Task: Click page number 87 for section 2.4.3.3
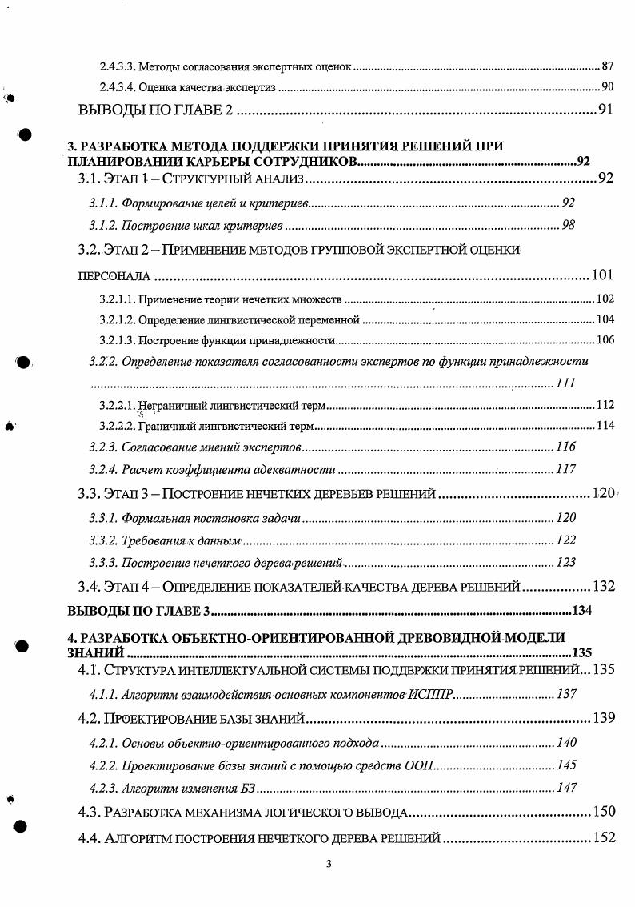click(x=607, y=65)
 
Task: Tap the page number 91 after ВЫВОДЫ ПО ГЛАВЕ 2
click(x=606, y=110)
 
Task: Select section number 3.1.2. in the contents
click(x=103, y=226)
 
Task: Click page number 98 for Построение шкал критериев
click(x=569, y=226)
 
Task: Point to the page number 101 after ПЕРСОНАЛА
click(x=602, y=276)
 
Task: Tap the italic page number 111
click(x=565, y=383)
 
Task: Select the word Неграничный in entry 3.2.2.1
click(x=166, y=405)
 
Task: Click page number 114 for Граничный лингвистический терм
click(x=605, y=425)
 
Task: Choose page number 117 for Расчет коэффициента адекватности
click(x=565, y=470)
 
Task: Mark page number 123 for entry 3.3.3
click(x=565, y=563)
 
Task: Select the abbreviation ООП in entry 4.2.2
click(x=421, y=766)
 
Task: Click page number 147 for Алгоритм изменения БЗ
click(x=566, y=789)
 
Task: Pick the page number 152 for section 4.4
click(x=604, y=838)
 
